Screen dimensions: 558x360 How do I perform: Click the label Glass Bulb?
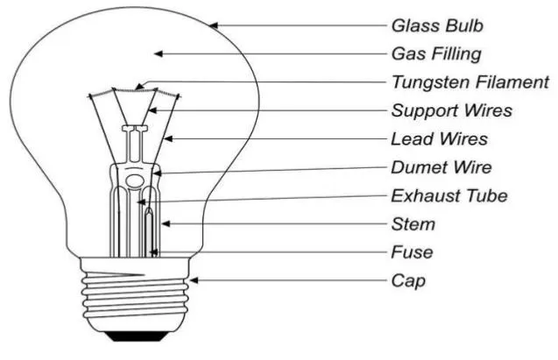point(437,26)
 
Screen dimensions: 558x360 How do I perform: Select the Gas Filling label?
point(436,54)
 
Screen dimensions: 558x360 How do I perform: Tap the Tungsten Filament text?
point(470,82)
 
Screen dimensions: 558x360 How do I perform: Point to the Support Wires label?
point(452,110)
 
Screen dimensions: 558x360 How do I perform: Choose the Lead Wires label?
point(440,139)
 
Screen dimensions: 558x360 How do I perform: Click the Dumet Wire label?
point(441,167)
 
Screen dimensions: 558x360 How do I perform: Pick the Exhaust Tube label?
point(449,196)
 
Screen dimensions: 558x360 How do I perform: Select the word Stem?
point(413,224)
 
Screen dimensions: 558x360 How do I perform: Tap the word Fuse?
point(412,252)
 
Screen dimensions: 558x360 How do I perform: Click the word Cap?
point(408,281)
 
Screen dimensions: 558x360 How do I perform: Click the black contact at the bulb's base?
point(137,336)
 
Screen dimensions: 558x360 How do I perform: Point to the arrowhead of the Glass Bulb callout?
point(213,25)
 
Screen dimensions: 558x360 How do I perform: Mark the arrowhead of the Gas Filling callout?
point(159,53)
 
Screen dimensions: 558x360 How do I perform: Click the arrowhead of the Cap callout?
point(194,280)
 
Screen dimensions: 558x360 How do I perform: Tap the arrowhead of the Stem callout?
point(166,223)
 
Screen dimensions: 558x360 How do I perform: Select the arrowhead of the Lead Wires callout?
point(168,138)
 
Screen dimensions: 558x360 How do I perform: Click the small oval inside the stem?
point(134,180)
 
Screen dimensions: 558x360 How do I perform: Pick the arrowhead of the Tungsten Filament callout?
point(140,86)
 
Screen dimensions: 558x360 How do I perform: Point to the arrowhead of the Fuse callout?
point(154,252)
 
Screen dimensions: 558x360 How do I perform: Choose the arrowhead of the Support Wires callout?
point(152,110)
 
